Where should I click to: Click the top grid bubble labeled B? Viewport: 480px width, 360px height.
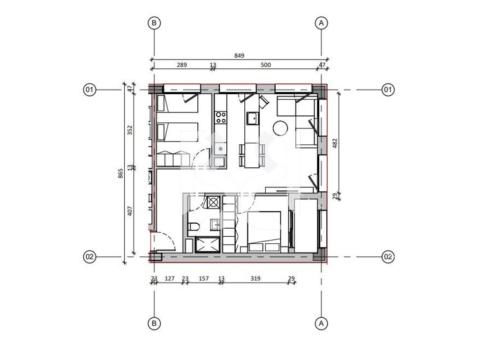click(x=154, y=22)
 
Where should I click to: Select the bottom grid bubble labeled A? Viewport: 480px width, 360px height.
click(x=321, y=323)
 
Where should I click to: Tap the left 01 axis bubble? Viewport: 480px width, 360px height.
click(x=90, y=90)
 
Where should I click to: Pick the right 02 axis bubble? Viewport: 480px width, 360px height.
click(x=388, y=256)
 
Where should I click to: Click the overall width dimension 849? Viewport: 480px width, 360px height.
click(x=239, y=55)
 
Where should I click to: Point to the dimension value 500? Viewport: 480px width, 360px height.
click(x=266, y=65)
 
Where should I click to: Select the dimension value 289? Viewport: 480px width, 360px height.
click(x=182, y=65)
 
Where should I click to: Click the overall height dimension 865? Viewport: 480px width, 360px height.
click(x=120, y=173)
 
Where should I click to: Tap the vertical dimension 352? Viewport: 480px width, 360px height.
click(x=130, y=130)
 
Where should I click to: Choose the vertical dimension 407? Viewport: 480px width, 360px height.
click(x=130, y=211)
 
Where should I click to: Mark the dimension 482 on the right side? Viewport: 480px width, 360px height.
click(x=335, y=143)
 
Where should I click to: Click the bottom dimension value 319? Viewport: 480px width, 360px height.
click(x=255, y=278)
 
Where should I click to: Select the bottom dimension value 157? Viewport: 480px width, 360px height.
click(x=203, y=278)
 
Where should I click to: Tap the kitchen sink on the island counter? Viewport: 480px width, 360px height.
click(x=253, y=119)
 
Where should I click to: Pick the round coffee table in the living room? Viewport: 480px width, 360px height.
click(x=280, y=128)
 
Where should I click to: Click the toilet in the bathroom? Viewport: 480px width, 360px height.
click(x=194, y=227)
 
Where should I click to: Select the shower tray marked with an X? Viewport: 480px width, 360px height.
click(x=208, y=245)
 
